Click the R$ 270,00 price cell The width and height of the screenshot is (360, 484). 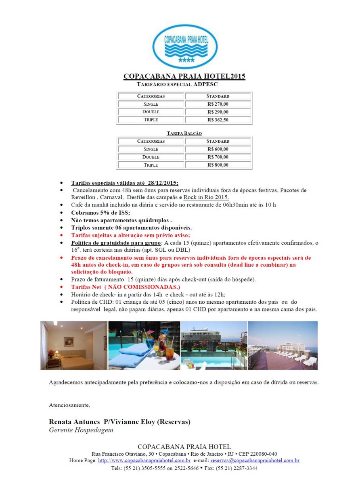[x=218, y=104]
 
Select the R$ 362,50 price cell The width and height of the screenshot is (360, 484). [x=218, y=120]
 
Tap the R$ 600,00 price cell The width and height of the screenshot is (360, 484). [x=218, y=149]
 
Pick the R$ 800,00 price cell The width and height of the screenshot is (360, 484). [x=218, y=165]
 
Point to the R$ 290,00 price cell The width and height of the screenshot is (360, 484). [x=218, y=112]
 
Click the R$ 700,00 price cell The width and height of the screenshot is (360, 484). [x=218, y=157]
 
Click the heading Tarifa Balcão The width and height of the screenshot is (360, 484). [x=184, y=133]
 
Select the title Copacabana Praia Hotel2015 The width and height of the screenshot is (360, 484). [x=184, y=76]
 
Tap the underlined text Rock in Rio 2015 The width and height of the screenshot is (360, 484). [x=206, y=197]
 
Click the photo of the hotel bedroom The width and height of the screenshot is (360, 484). [x=74, y=345]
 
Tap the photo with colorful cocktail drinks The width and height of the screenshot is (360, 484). [x=144, y=345]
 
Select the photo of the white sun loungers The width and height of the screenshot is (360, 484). [x=283, y=345]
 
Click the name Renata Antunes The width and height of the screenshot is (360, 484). [x=74, y=422]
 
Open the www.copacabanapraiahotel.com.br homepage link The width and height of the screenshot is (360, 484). [x=144, y=460]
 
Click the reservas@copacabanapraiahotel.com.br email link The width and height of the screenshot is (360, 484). [x=255, y=460]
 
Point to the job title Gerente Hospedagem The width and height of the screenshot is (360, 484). [x=81, y=430]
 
